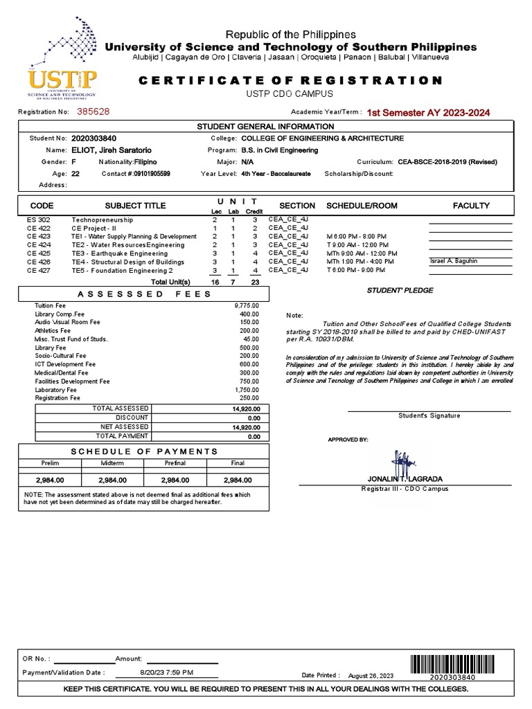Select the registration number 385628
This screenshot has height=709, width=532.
[93, 111]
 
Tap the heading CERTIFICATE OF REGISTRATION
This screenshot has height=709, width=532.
[290, 80]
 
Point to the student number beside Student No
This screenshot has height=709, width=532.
[94, 138]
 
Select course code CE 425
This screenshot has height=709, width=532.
[39, 253]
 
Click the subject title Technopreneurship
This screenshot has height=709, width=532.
[102, 219]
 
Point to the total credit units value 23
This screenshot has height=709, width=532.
[255, 282]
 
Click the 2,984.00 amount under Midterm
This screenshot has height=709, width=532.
[112, 479]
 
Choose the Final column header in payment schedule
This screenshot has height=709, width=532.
[237, 463]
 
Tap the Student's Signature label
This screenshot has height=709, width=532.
[429, 415]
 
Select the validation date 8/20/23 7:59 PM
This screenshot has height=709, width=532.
[166, 672]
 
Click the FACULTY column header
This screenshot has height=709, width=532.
[471, 206]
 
